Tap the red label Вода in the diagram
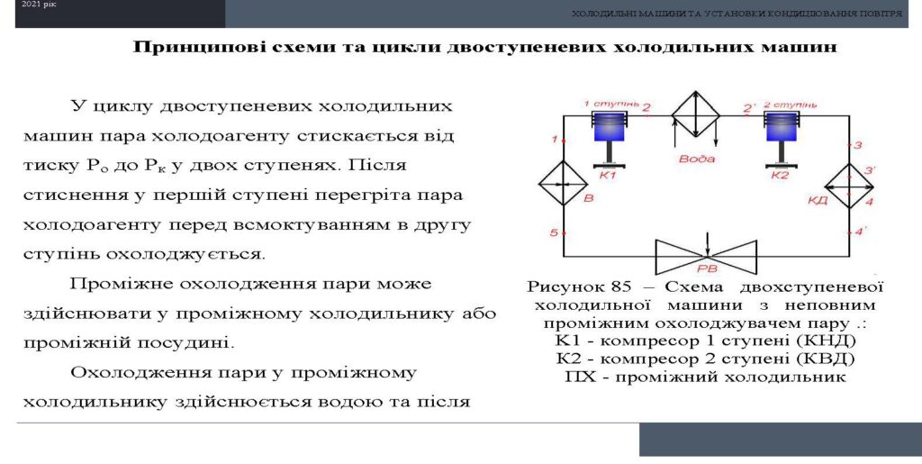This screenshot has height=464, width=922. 697,159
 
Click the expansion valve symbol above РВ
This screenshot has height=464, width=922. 706,257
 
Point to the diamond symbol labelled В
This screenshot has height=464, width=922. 564,184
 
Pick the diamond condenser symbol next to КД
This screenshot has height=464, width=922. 849,186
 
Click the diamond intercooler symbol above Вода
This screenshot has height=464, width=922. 696,115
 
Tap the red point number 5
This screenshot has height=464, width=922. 554,232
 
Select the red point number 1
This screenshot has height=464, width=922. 554,140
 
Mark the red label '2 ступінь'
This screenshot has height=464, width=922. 791,105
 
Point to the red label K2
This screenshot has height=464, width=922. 779,176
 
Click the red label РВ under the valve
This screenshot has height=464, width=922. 706,269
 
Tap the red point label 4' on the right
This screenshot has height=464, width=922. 861,232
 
